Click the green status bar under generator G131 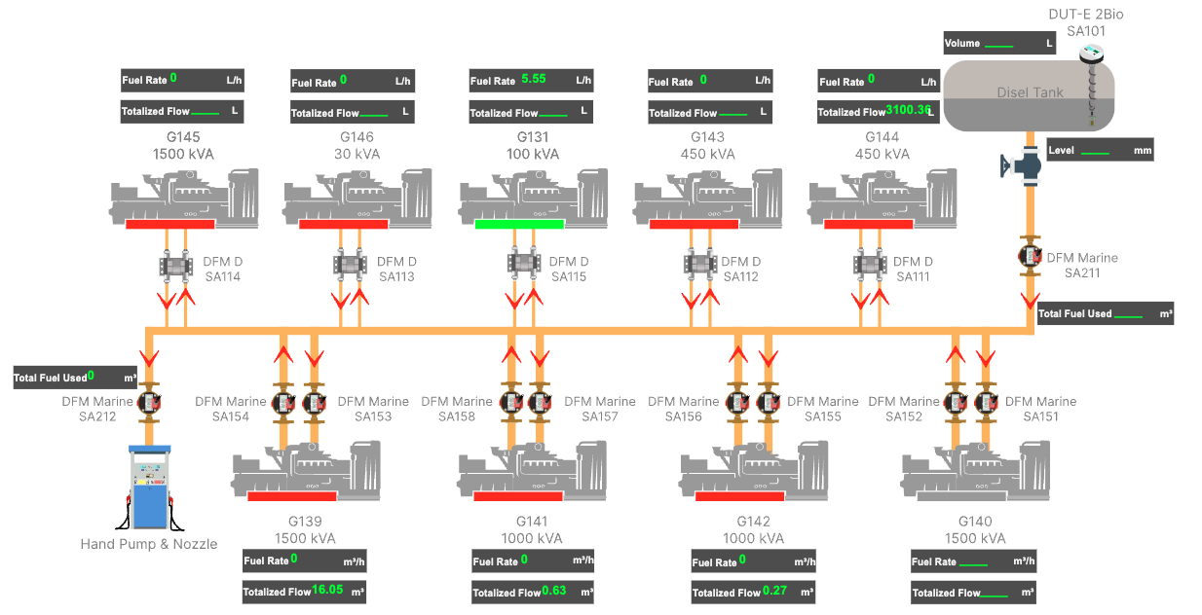(519, 224)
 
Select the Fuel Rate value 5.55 (533, 79)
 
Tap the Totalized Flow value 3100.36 (908, 110)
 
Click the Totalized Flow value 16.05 (327, 590)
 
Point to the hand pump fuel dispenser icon (150, 487)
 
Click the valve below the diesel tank (1023, 163)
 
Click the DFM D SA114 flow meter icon (174, 264)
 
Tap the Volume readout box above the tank (999, 43)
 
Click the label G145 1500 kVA (183, 146)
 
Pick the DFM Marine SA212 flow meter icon (149, 402)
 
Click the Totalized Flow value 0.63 (554, 591)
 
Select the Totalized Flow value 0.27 (775, 591)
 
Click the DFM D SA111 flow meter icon (870, 264)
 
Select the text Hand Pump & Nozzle (149, 544)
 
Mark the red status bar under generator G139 (292, 496)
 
